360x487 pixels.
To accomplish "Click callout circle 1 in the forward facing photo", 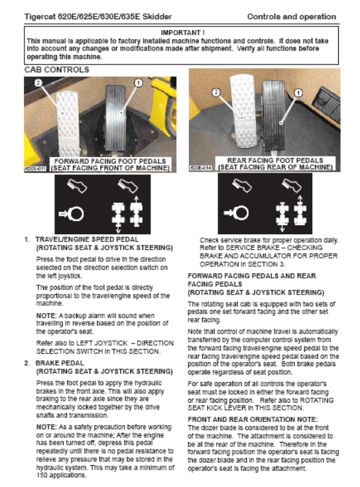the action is coord(139,83).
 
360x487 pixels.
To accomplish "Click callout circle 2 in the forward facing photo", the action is coord(38,83).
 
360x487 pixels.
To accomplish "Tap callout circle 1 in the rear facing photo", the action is coord(298,92).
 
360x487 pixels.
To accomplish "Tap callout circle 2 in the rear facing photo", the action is coord(216,92).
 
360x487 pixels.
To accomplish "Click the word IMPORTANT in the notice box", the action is coord(180,33).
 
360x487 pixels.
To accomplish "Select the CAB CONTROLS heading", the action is coord(57,70).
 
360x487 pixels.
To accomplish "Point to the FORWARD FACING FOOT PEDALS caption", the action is coord(110,161).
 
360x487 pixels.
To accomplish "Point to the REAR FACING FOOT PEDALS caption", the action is coord(275,161).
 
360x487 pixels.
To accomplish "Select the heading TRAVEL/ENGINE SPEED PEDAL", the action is coord(87,240).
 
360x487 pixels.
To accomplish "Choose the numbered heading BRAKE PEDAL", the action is coord(60,363).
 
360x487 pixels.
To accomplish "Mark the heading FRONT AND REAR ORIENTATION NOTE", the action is coord(253,419).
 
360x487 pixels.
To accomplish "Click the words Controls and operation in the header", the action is coord(292,17).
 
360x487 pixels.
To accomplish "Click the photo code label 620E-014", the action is coord(201,168).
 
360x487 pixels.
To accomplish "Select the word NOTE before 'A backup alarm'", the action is coord(46,316).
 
